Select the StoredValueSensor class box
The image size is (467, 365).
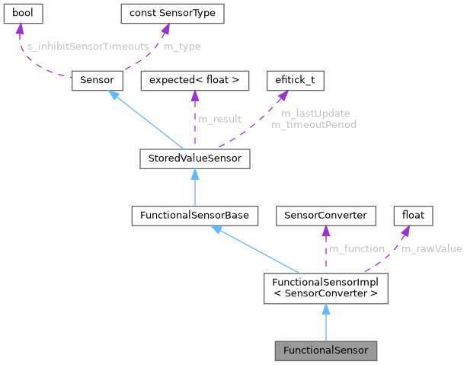point(195,158)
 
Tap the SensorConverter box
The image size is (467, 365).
point(325,216)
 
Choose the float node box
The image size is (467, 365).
point(412,216)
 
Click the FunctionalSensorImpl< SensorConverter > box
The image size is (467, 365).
point(325,287)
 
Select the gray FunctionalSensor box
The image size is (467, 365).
point(325,351)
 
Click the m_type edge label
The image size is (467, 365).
point(184,46)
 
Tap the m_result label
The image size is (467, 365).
point(220,119)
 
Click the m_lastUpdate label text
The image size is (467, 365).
point(313,114)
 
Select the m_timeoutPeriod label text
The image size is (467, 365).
point(313,123)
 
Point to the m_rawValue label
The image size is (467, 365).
point(431,248)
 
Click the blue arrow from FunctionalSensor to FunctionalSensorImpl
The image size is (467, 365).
point(325,324)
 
